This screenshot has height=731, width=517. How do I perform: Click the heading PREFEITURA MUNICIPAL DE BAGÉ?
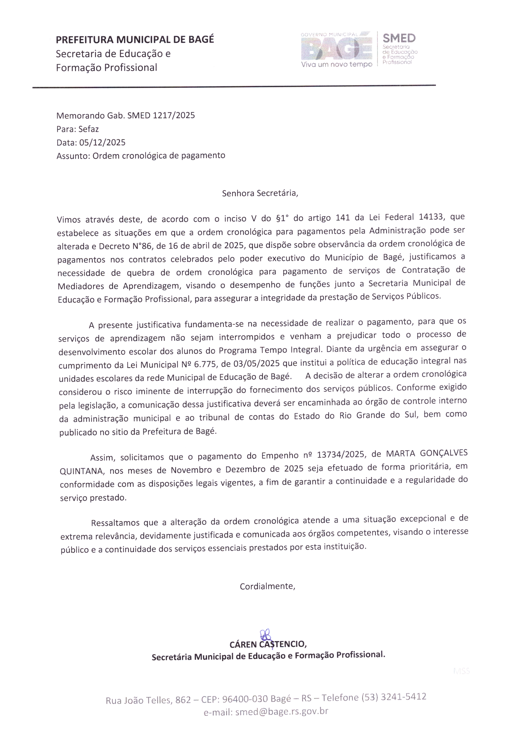[135, 39]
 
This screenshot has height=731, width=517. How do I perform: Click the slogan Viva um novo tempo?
[337, 64]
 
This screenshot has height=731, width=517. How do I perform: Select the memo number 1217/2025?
[174, 115]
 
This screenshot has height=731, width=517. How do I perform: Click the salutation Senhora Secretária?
[260, 193]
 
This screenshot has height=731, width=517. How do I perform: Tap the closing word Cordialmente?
[267, 586]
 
